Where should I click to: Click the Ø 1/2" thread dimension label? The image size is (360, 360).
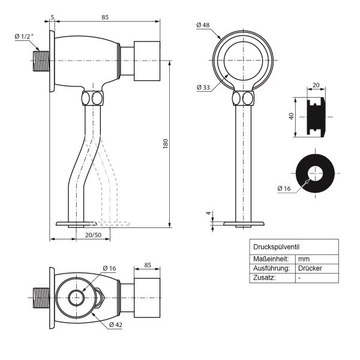[x=25, y=37]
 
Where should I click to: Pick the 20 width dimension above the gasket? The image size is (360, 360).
[x=316, y=85]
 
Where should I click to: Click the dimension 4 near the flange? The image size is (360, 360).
[x=208, y=213]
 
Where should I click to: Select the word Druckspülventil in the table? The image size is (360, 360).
[x=276, y=247]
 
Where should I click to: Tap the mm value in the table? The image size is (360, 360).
[x=303, y=259]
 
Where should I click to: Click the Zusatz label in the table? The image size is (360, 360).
[x=265, y=278]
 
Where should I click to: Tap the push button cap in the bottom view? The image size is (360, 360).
[x=147, y=298]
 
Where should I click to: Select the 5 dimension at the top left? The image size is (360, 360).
[x=52, y=17]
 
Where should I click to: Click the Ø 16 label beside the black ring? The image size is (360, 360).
[x=284, y=188]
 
